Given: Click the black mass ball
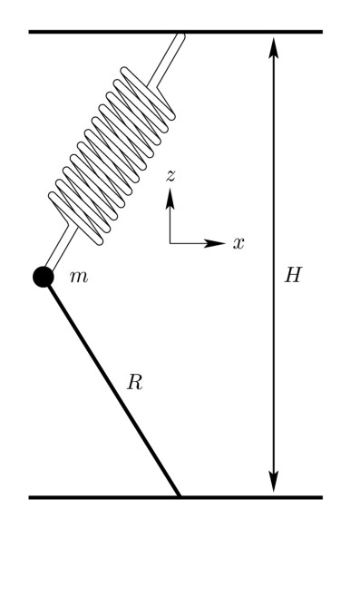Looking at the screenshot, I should point(43,277).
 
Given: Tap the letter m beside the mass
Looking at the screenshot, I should point(79,277).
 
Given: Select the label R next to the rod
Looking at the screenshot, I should point(134,383).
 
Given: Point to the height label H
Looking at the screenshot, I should point(292,276).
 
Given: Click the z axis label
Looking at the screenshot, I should point(170,175).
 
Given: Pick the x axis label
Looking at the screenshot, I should point(238,243).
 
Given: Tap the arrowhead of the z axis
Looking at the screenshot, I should point(170,196).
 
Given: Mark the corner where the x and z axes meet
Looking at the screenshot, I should point(170,243).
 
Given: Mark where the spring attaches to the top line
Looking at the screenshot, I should point(180,34).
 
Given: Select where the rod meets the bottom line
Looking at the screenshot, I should point(180,496).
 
